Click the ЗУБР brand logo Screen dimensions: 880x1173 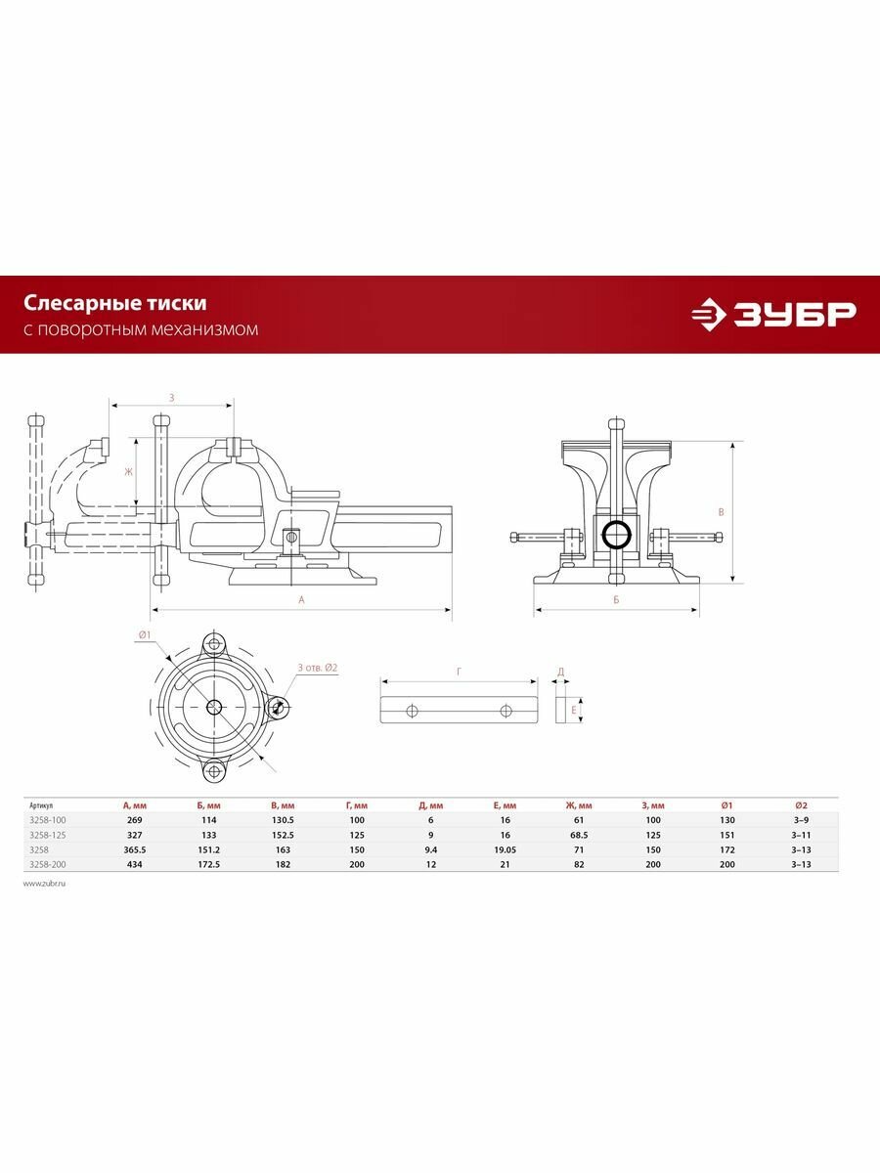(x=772, y=314)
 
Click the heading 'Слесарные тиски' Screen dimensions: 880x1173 (x=114, y=305)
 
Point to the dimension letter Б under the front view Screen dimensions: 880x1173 (x=616, y=599)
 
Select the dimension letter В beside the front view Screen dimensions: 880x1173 (x=721, y=511)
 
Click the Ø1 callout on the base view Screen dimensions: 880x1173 (x=144, y=635)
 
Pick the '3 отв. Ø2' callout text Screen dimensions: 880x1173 (x=317, y=668)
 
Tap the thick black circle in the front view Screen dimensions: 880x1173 (x=616, y=535)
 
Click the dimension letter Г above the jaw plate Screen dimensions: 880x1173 (x=459, y=672)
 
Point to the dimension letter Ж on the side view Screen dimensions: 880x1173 (x=127, y=472)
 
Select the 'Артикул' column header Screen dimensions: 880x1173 (x=41, y=805)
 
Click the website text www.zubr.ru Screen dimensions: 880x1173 (x=43, y=883)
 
